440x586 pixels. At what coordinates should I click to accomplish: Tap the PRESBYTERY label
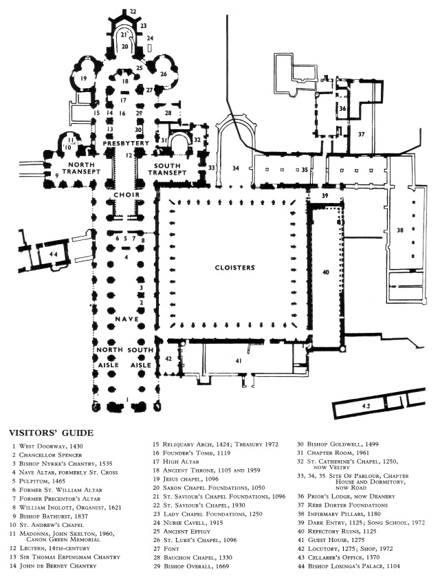[x=124, y=143]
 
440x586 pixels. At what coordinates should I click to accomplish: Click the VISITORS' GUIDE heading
[x=50, y=433]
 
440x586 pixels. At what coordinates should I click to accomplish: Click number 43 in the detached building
[x=366, y=406]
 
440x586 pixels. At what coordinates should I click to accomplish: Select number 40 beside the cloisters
[x=326, y=273]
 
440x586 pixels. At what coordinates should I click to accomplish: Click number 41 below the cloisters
[x=239, y=360]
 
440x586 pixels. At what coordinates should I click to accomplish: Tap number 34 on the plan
[x=235, y=168]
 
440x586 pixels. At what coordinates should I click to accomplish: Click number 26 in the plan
[x=163, y=74]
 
